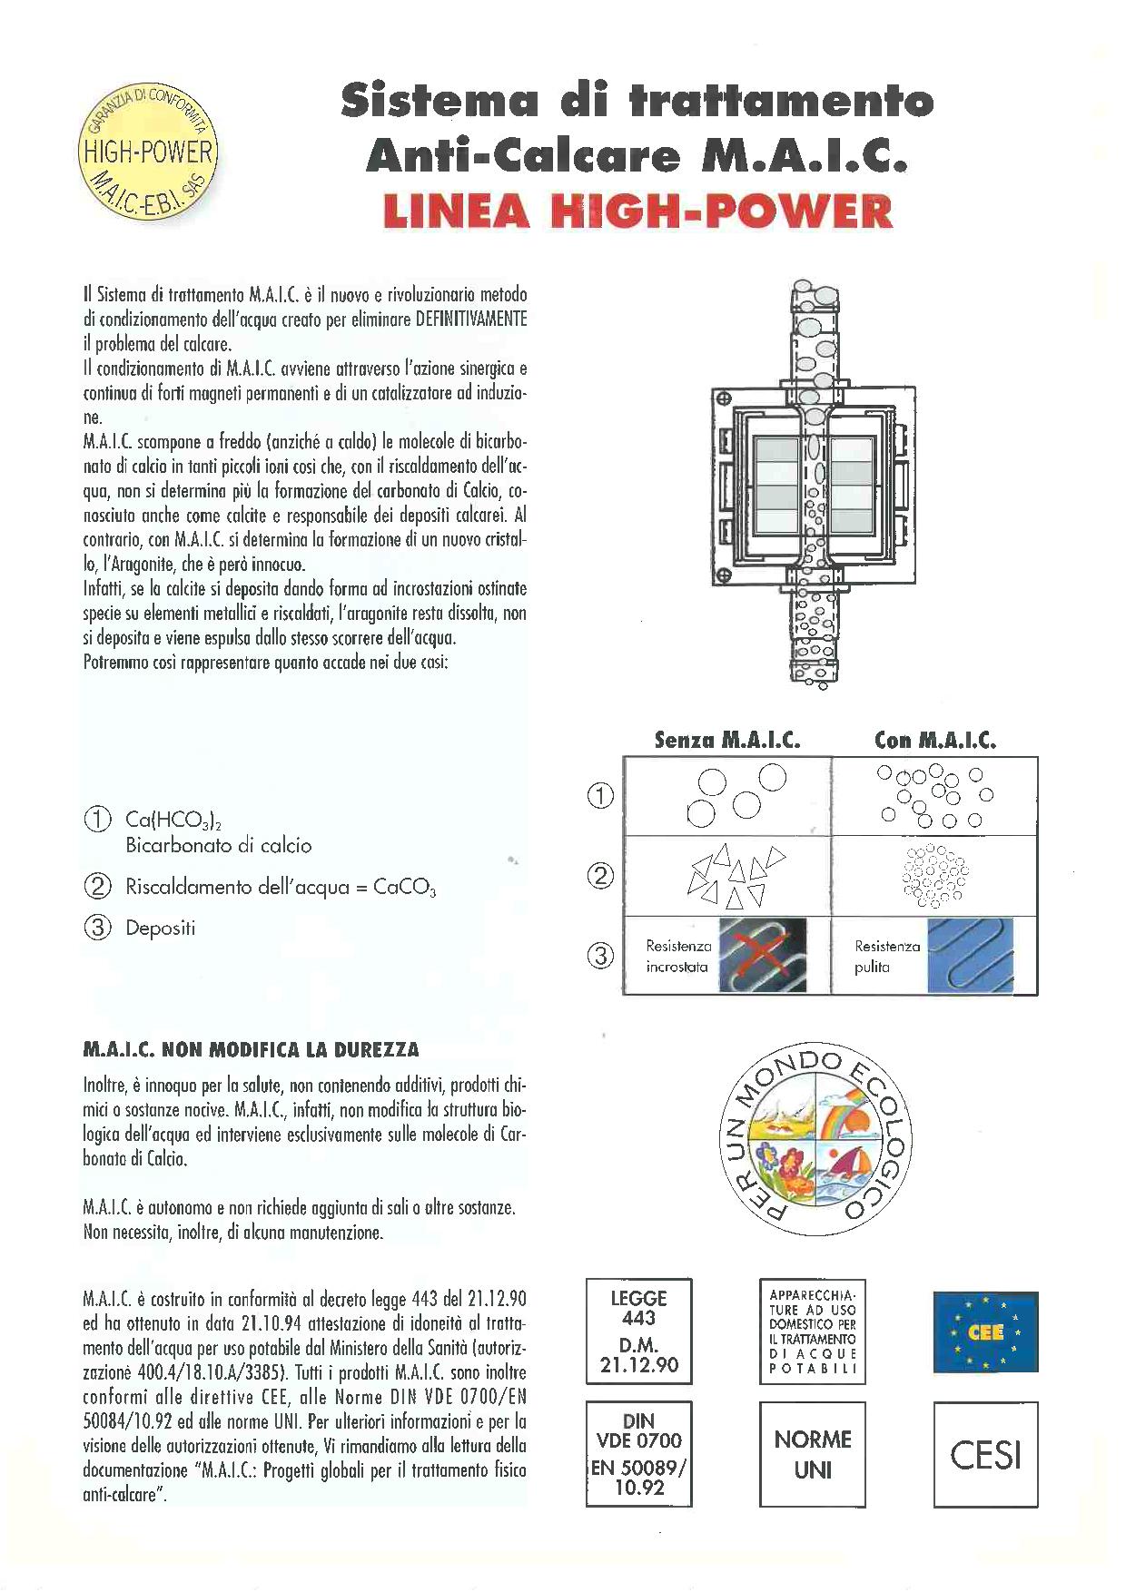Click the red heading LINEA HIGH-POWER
(x=637, y=211)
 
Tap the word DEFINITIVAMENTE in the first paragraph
(x=470, y=319)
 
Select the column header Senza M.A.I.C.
(x=727, y=740)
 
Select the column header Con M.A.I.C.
(x=935, y=740)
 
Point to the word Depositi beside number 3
(x=161, y=929)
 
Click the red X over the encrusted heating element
(x=761, y=954)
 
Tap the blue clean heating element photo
(x=970, y=955)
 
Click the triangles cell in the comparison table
(x=728, y=876)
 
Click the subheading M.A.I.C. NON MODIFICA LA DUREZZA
(x=252, y=1050)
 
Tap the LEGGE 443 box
(x=639, y=1332)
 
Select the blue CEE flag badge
(x=985, y=1332)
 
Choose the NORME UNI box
(x=813, y=1454)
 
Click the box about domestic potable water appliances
(x=813, y=1332)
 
